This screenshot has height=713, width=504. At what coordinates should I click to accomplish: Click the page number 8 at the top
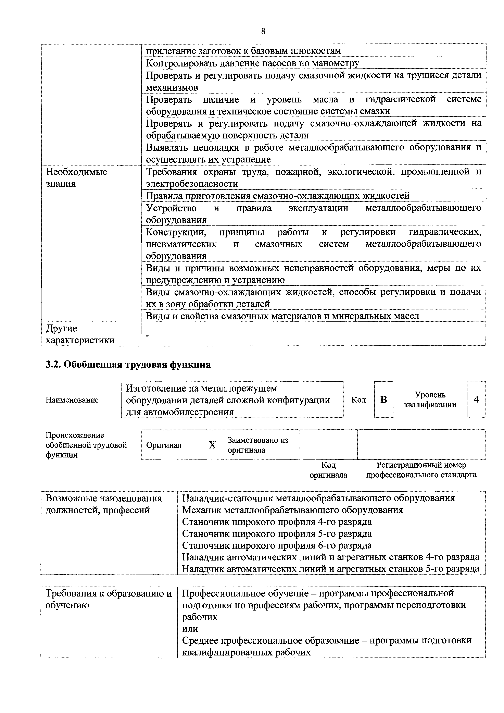[263, 31]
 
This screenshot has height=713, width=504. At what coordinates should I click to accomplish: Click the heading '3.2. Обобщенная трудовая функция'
[128, 364]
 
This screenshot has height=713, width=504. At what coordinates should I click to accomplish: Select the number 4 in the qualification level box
[476, 399]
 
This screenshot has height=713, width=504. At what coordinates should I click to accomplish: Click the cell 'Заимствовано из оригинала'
[258, 445]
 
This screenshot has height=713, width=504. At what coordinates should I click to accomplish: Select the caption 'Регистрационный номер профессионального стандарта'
[421, 470]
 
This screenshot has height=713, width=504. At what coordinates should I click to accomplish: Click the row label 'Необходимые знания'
[76, 178]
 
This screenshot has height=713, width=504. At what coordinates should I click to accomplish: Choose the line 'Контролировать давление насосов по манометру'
[252, 63]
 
